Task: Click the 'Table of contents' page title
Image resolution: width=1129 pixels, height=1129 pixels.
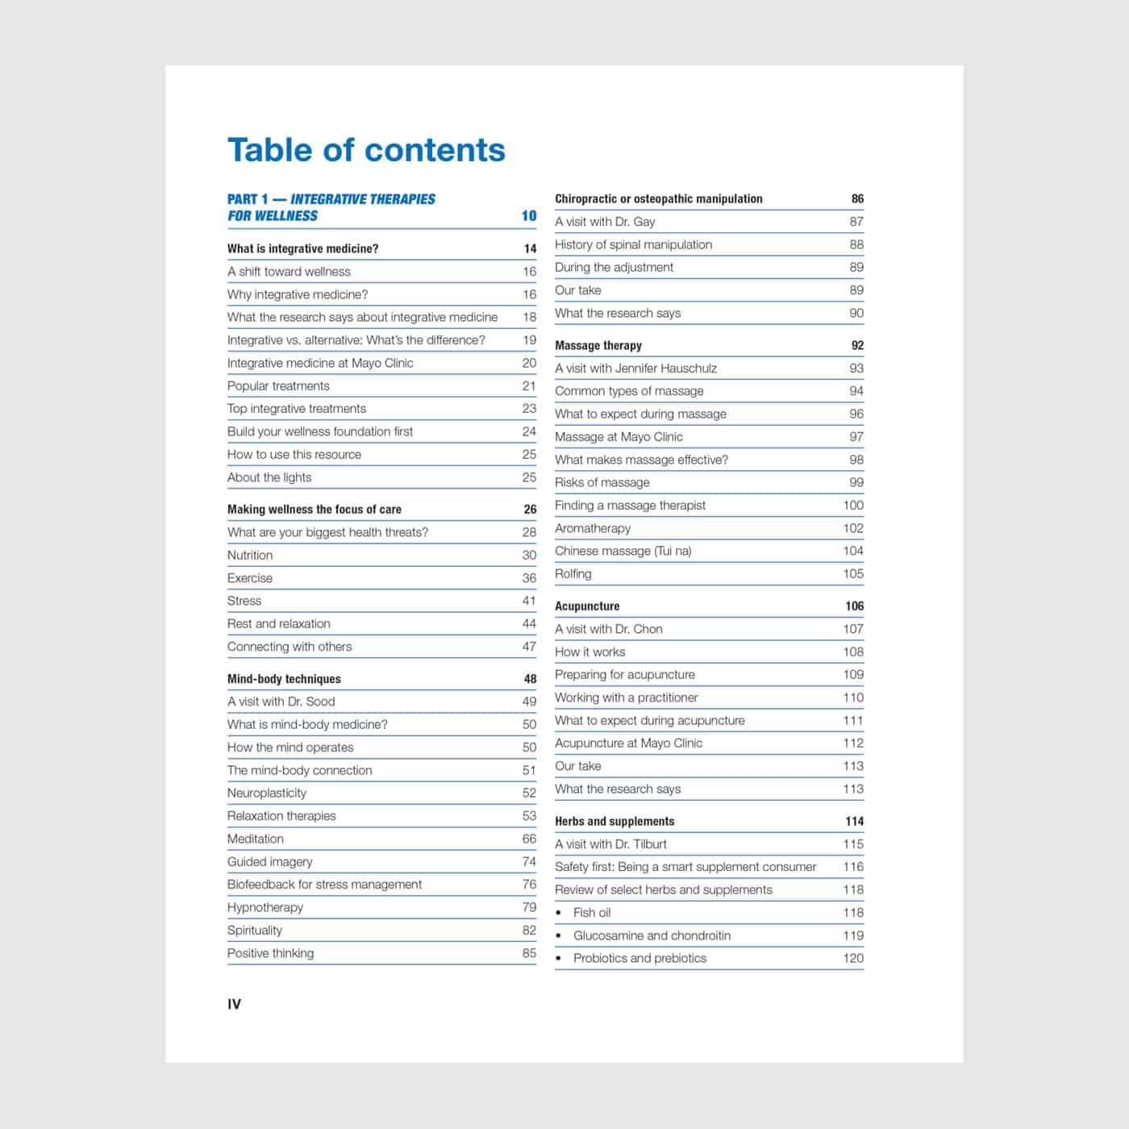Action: click(x=366, y=150)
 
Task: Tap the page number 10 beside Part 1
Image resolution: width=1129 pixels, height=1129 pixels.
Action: click(x=528, y=215)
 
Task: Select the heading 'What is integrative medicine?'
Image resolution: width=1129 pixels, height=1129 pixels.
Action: click(x=302, y=248)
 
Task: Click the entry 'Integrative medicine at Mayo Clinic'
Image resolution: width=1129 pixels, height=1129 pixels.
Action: click(x=320, y=363)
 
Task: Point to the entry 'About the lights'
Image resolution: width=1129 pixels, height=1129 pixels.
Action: click(x=269, y=477)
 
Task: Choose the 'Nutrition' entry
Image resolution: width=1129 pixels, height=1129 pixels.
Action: click(x=250, y=555)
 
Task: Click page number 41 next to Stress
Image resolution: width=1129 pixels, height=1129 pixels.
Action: click(x=529, y=601)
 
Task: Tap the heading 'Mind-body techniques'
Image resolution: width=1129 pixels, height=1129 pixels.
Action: click(x=284, y=679)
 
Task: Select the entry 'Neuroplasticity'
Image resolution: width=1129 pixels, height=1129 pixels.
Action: click(x=267, y=793)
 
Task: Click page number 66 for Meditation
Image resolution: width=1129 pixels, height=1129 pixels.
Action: click(x=529, y=839)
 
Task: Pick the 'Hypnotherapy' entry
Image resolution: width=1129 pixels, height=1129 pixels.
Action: click(x=265, y=907)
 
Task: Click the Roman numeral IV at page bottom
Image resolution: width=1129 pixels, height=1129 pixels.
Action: click(x=234, y=1004)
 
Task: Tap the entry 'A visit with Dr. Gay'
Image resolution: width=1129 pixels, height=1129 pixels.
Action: click(x=605, y=222)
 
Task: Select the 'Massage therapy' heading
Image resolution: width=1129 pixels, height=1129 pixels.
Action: click(x=598, y=345)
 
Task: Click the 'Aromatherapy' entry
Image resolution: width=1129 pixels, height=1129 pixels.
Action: click(x=593, y=528)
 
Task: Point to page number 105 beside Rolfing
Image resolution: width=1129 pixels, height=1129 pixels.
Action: click(x=853, y=574)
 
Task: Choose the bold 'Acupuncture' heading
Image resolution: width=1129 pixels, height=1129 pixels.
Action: click(x=587, y=606)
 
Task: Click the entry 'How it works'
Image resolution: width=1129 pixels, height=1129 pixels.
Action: click(x=590, y=652)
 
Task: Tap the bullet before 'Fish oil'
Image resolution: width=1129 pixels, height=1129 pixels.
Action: click(x=559, y=913)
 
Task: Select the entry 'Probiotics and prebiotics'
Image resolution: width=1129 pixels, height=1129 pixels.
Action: click(x=639, y=958)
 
